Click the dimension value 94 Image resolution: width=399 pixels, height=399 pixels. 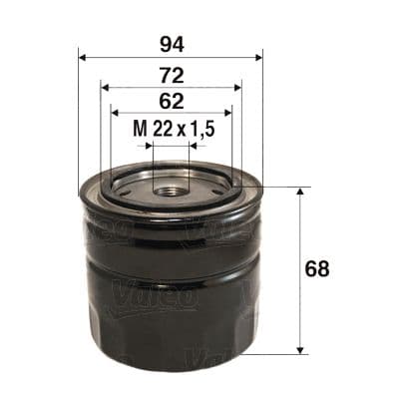tap(169, 44)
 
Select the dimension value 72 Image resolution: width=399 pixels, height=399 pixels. tap(169, 76)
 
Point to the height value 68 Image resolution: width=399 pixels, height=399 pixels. tap(318, 270)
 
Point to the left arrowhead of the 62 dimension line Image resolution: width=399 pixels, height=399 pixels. tap(114, 112)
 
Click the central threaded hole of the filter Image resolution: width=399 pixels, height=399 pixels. tap(170, 186)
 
